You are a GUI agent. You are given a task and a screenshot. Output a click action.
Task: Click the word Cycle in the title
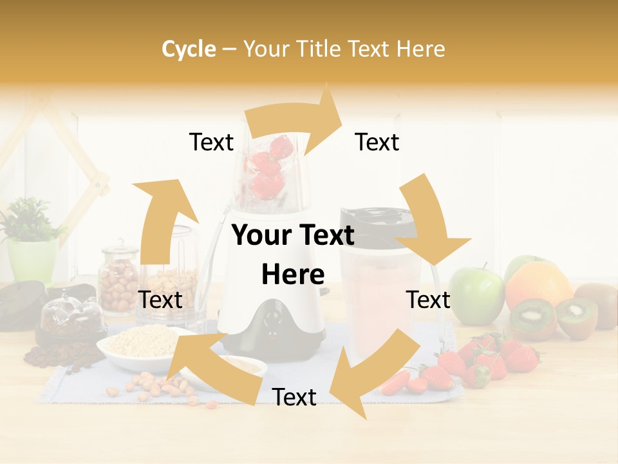(x=189, y=49)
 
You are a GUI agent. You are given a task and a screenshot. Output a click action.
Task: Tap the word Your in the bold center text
(x=261, y=236)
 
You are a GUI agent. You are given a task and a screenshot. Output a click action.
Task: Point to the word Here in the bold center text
(x=292, y=275)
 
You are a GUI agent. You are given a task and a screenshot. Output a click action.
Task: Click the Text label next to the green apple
(x=429, y=300)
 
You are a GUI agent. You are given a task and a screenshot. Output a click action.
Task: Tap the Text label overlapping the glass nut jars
(x=160, y=300)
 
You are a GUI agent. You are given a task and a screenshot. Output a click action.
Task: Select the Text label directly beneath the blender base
(x=294, y=397)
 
